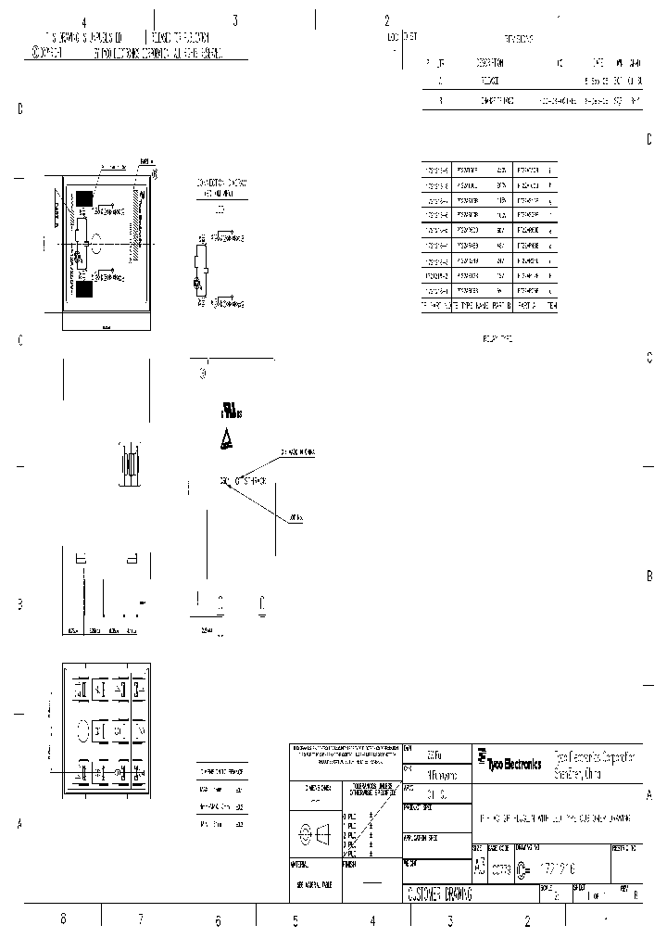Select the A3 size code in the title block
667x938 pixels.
pyautogui.click(x=479, y=867)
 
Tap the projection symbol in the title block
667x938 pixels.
pyautogui.click(x=316, y=833)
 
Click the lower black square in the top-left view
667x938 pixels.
pyautogui.click(x=84, y=290)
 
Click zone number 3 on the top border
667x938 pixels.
pyautogui.click(x=235, y=20)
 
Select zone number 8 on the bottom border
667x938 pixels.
pyautogui.click(x=63, y=919)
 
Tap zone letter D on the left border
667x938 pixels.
pyautogui.click(x=19, y=109)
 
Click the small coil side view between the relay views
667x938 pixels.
pyautogui.click(x=130, y=463)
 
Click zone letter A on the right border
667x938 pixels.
pyautogui.click(x=648, y=795)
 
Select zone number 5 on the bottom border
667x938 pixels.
pyautogui.click(x=295, y=919)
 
